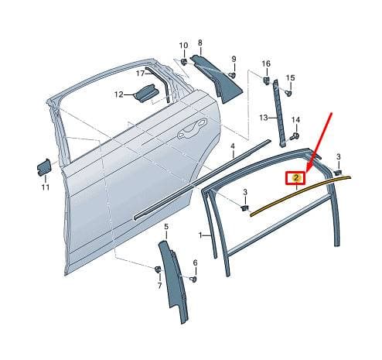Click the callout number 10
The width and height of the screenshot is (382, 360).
183,46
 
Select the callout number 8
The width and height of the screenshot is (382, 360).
200,43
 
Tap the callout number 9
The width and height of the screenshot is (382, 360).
234,59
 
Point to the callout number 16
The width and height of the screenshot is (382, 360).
266,63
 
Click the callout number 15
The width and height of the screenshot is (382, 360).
291,77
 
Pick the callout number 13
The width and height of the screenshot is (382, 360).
264,118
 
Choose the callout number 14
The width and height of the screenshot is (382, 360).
295,120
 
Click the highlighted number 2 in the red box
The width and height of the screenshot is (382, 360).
296,177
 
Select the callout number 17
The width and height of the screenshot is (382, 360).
141,74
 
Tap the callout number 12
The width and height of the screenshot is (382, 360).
119,94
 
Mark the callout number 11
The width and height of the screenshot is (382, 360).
46,187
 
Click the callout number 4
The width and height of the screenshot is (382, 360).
233,146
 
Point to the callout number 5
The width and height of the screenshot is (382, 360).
166,227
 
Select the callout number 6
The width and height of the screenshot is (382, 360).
195,263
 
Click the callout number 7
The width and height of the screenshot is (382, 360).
159,286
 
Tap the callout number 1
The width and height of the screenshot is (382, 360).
200,235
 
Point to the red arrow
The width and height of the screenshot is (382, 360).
319,142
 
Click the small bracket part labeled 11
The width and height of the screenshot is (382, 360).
44,167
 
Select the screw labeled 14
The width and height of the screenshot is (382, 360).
295,136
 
